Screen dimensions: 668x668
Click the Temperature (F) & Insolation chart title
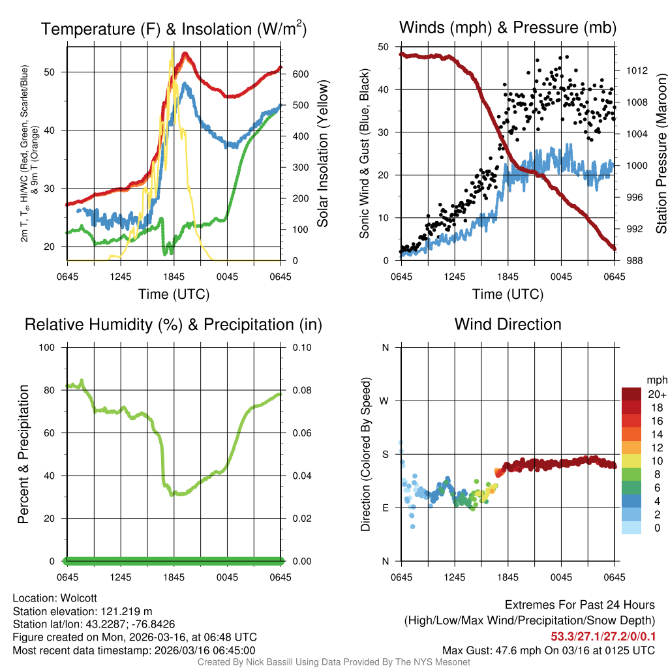pos(174,29)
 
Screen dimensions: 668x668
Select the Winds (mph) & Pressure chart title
pos(508,27)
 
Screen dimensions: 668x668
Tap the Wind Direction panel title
pos(508,324)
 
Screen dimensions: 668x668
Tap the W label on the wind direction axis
pos(385,401)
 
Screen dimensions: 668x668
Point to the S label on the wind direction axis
pos(385,454)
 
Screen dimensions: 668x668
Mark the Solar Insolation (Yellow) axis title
pos(323,154)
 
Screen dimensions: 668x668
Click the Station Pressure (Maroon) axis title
pos(661,154)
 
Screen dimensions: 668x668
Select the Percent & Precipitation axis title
pos(23,454)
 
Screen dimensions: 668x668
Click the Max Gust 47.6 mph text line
pos(548,650)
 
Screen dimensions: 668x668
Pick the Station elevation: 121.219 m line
pos(82,611)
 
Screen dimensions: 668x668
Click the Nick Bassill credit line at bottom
pos(333,662)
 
